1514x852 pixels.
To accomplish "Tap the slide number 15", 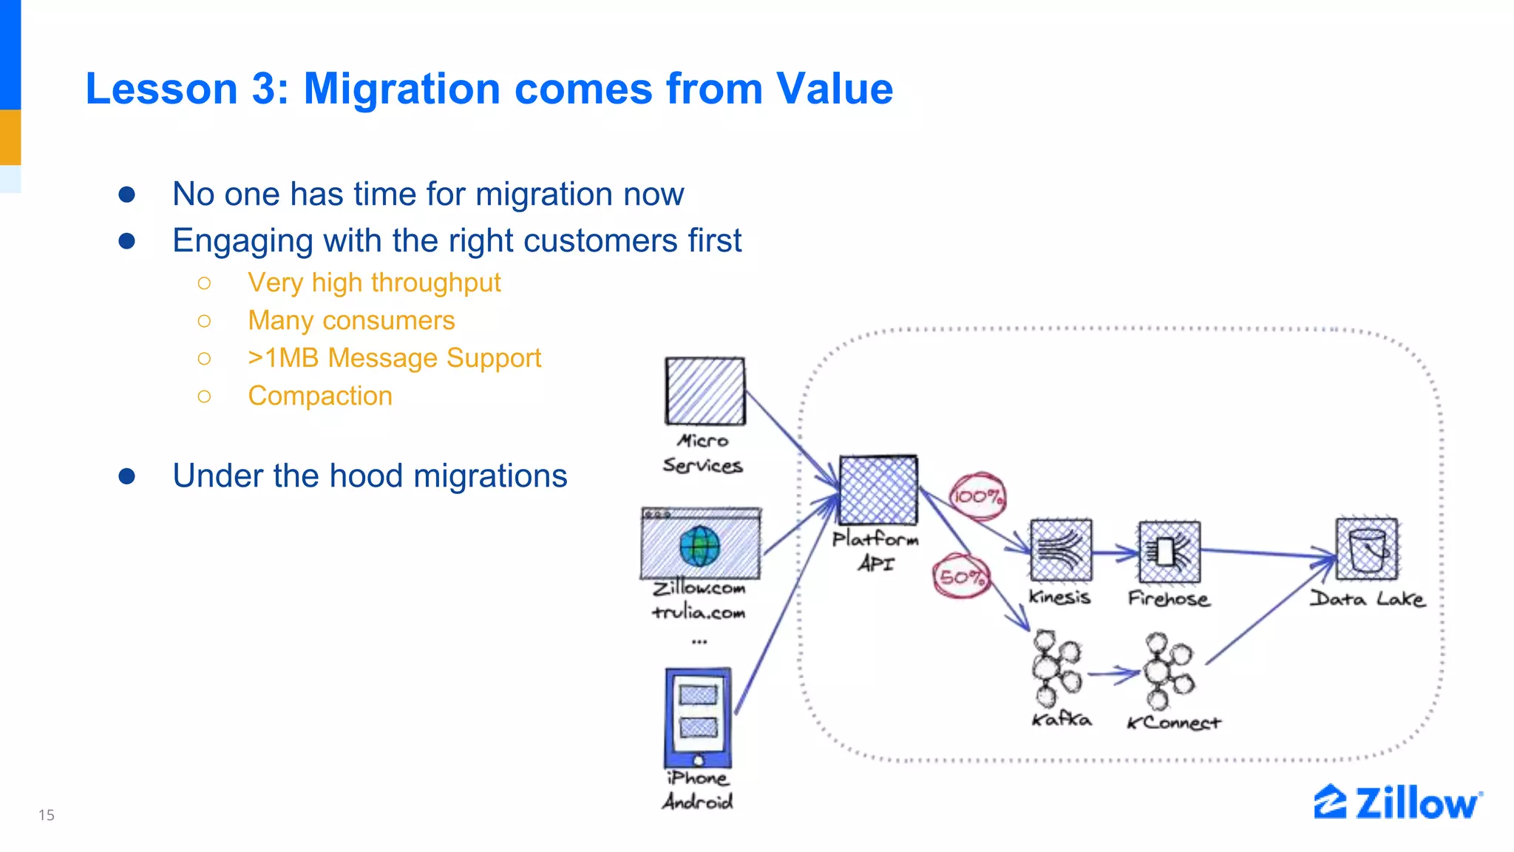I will pyautogui.click(x=47, y=815).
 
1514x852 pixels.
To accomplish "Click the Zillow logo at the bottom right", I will pyautogui.click(x=1397, y=803).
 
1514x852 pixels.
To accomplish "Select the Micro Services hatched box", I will pyautogui.click(x=705, y=391).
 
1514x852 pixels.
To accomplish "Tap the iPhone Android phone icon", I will pyautogui.click(x=698, y=718).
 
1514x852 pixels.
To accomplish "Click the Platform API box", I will pyautogui.click(x=879, y=490).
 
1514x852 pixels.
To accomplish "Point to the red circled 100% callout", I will pyautogui.click(x=977, y=497).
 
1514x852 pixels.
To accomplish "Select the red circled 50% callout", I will pyautogui.click(x=961, y=577).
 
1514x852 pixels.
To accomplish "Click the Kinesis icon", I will pyautogui.click(x=1061, y=551).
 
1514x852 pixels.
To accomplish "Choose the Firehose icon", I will pyautogui.click(x=1169, y=552).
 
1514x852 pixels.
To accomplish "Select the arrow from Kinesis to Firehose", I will pyautogui.click(x=1115, y=552).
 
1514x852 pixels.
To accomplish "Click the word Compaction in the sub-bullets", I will pyautogui.click(x=320, y=396).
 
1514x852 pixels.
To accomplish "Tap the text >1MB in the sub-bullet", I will pyautogui.click(x=283, y=358).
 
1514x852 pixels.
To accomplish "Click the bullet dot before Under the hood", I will pyautogui.click(x=127, y=476).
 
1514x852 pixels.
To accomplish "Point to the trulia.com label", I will pyautogui.click(x=699, y=612).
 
